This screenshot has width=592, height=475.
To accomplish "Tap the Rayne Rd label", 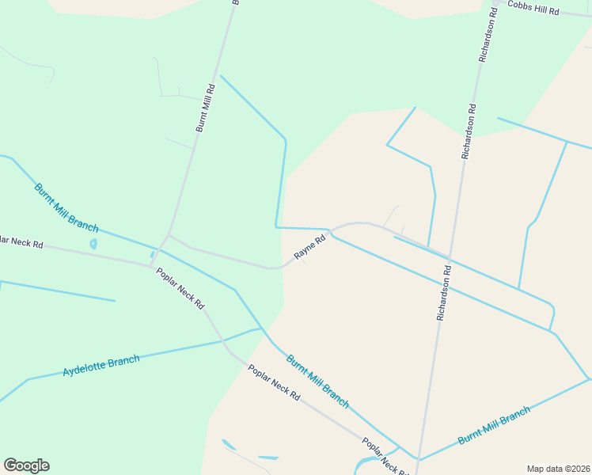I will point(310,248).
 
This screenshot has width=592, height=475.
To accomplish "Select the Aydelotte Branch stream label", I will point(101,366).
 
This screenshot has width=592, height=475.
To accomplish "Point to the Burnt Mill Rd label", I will point(205,108).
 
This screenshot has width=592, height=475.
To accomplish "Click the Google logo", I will point(26,465).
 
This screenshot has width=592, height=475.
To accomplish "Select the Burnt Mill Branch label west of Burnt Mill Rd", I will point(66,206).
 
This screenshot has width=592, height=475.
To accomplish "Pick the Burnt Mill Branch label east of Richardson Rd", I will point(494,426).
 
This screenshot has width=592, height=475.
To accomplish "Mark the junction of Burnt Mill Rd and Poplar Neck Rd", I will point(153,265).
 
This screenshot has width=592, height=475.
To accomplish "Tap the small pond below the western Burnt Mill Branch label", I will point(94,244).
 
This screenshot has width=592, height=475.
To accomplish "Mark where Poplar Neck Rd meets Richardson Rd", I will point(418,459).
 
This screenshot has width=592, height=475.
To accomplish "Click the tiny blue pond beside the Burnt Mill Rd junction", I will point(153,254).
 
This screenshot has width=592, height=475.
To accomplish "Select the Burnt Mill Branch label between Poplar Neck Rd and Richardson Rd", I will point(317,381).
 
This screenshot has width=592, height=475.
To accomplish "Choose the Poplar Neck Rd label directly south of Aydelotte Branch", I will point(273,382).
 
